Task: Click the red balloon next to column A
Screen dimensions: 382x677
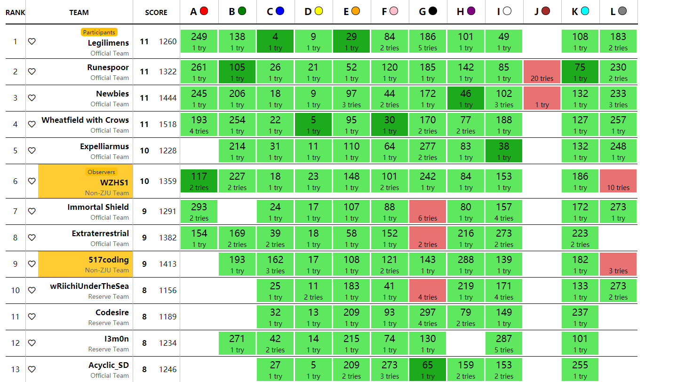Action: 204,11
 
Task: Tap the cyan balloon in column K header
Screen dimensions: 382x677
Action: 585,11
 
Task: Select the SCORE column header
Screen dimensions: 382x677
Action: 156,13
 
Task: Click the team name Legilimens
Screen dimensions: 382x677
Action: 108,43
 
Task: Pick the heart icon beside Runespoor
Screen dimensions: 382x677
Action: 32,72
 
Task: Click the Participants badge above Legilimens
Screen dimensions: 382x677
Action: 99,32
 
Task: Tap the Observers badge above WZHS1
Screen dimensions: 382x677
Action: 101,172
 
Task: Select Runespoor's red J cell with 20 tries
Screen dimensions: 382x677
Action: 542,72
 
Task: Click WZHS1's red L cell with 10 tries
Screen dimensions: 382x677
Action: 618,181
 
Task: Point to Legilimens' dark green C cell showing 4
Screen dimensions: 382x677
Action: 275,41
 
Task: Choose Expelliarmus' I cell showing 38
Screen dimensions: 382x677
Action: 504,151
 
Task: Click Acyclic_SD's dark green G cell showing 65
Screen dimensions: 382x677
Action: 428,369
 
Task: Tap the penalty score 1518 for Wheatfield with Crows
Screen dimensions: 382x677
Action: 168,124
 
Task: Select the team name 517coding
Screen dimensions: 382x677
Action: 109,260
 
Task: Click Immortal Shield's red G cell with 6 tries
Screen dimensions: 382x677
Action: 428,211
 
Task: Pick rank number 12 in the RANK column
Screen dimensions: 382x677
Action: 15,343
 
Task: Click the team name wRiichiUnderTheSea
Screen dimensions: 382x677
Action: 89,286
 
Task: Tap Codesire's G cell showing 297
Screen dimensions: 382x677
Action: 428,317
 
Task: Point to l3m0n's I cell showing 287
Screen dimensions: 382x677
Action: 504,343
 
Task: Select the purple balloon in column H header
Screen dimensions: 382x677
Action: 471,11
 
